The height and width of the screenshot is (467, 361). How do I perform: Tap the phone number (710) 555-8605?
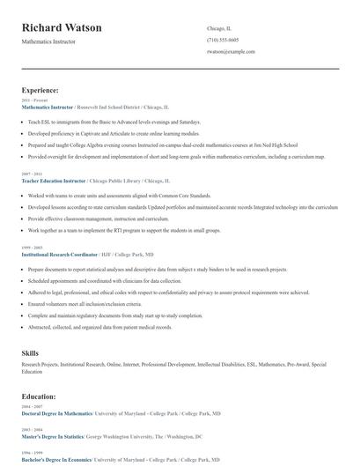pyautogui.click(x=222, y=41)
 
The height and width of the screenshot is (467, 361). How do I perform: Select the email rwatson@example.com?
pyautogui.click(x=231, y=52)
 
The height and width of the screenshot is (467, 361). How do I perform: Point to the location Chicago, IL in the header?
pyautogui.click(x=220, y=29)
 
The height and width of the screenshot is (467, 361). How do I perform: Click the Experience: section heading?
pyautogui.click(x=41, y=90)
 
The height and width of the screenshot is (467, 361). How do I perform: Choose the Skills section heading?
pyautogui.click(x=30, y=352)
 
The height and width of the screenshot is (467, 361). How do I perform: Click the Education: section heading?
pyautogui.click(x=40, y=397)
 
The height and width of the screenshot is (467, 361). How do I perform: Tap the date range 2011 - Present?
pyautogui.click(x=32, y=100)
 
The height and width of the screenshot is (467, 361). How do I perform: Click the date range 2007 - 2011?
pyautogui.click(x=31, y=174)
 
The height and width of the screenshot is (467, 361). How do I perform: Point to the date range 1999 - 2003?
pyautogui.click(x=31, y=247)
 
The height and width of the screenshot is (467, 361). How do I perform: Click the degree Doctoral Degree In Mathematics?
pyautogui.click(x=56, y=413)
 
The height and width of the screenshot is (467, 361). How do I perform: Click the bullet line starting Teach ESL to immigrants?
pyautogui.click(x=114, y=122)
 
